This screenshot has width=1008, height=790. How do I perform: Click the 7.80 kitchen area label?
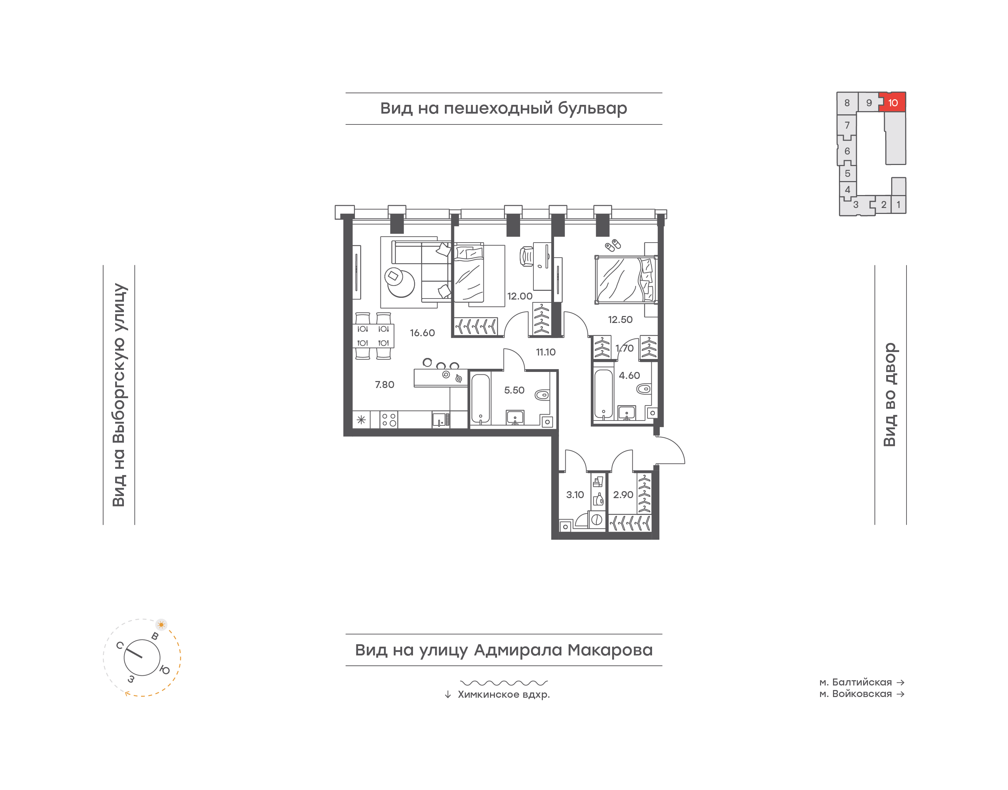click(x=384, y=385)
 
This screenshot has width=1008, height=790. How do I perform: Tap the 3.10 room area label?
click(x=575, y=495)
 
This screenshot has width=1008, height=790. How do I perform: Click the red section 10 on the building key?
click(x=893, y=102)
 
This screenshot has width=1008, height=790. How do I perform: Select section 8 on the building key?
click(x=847, y=103)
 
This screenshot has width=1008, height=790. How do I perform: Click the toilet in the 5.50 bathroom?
click(x=542, y=395)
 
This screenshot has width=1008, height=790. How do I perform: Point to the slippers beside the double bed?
click(x=612, y=245)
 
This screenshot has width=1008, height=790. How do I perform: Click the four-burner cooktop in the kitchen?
click(x=388, y=420)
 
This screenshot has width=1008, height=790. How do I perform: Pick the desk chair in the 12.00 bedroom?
click(x=526, y=256)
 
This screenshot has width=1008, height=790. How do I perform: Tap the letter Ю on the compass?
click(x=164, y=670)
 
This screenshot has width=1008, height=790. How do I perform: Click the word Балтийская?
click(x=862, y=682)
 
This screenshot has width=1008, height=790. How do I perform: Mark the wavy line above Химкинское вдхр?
click(x=504, y=683)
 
